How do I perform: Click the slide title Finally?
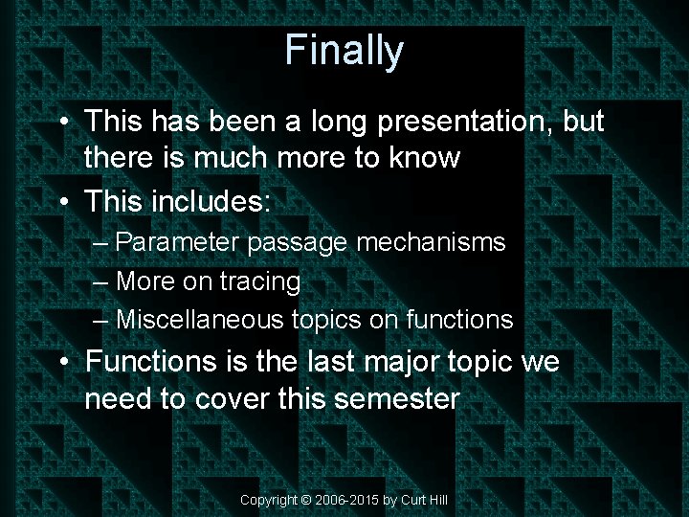click(344, 50)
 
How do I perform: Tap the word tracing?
click(259, 281)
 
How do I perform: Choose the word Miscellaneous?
click(200, 319)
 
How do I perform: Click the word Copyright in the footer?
click(268, 500)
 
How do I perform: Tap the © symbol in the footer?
click(305, 500)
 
